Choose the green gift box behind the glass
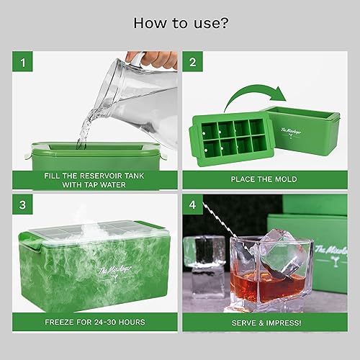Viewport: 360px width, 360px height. tap(317, 230)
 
